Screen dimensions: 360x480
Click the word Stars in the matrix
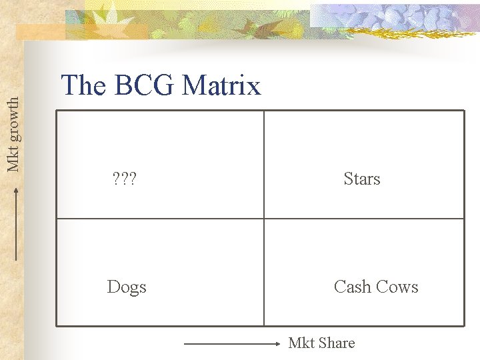[362, 179]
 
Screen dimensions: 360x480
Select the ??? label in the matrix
[124, 179]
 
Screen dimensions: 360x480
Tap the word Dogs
[127, 287]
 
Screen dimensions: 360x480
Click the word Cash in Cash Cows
[353, 287]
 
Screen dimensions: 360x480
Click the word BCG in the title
[141, 85]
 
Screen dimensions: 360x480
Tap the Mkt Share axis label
[321, 343]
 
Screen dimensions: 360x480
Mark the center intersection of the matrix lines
[264, 219]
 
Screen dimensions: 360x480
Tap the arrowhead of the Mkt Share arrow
[279, 344]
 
